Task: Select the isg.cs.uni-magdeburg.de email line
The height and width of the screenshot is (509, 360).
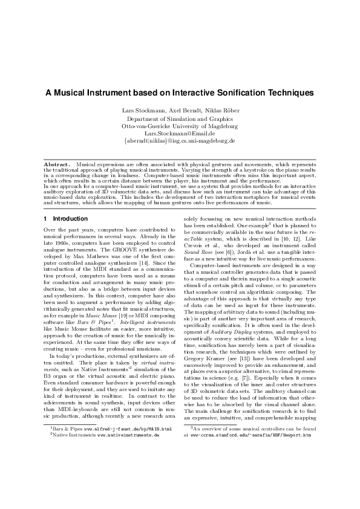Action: [x=180, y=141]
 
